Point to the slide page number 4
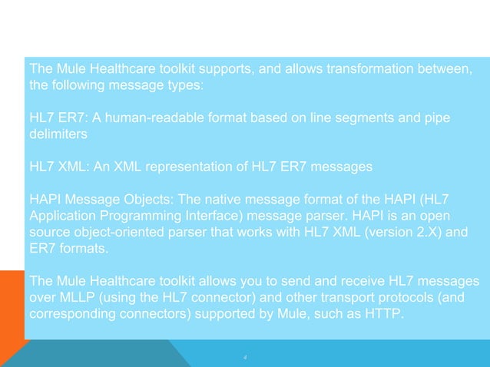pyautogui.click(x=244, y=356)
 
